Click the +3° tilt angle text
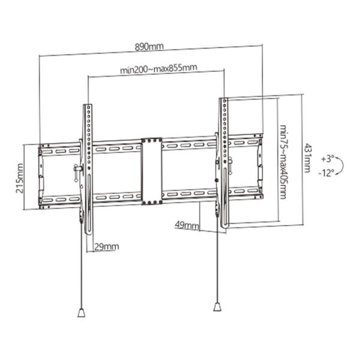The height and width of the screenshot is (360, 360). [326, 159]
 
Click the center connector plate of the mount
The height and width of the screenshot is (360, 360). [151, 172]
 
